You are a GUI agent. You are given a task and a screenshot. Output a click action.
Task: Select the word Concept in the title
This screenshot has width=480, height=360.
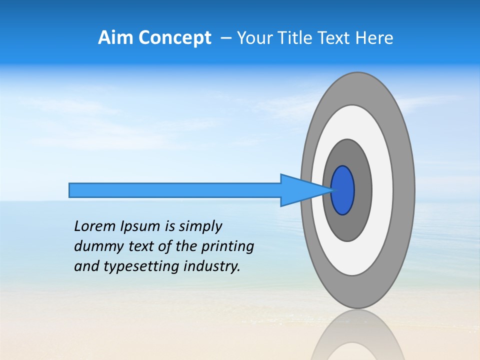click(x=174, y=38)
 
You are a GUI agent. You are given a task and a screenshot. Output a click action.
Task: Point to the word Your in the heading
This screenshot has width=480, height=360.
click(x=254, y=38)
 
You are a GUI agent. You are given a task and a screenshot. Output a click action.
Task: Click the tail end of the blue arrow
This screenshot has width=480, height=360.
click(x=72, y=190)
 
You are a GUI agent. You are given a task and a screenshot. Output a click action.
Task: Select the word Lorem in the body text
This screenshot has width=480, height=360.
click(x=94, y=226)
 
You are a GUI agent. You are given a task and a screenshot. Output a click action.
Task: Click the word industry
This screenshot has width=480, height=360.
click(x=211, y=266)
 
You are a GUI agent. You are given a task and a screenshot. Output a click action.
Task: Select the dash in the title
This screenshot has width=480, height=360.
click(x=226, y=38)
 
